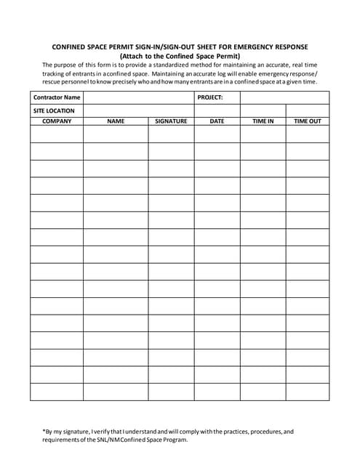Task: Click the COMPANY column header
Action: (x=57, y=121)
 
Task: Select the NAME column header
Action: (x=116, y=121)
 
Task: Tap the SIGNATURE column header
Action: (x=171, y=121)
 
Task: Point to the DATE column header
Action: (x=217, y=121)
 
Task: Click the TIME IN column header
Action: (x=263, y=121)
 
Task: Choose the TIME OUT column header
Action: (x=307, y=121)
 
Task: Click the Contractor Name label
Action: (x=57, y=97)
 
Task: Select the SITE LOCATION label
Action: (x=55, y=110)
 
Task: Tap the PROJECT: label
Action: (x=210, y=97)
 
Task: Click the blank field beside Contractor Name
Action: (x=139, y=97)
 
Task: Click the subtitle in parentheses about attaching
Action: (x=180, y=56)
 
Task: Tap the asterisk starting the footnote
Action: (x=44, y=430)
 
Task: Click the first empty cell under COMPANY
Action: (x=57, y=134)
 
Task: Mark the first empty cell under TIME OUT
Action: (x=307, y=134)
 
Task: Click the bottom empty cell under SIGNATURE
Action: (x=171, y=392)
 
